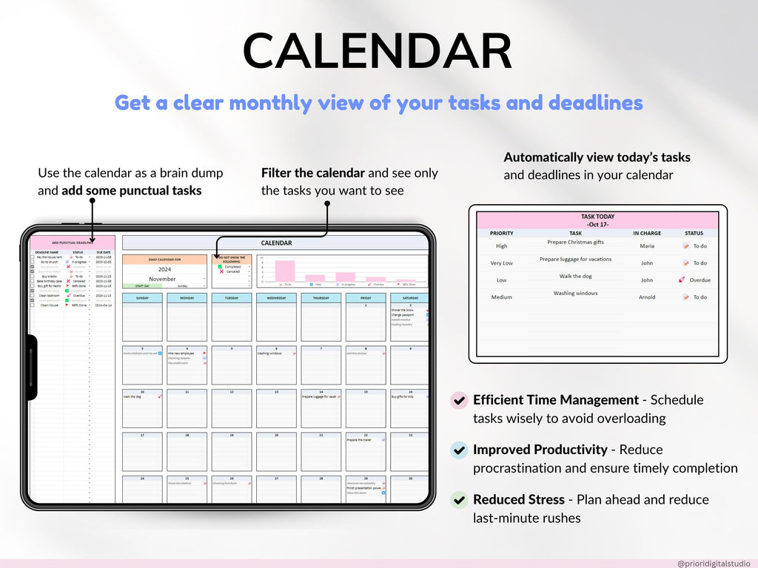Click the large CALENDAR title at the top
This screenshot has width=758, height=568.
click(378, 52)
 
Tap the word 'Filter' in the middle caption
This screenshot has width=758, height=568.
click(276, 173)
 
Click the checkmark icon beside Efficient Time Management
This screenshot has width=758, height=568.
click(459, 400)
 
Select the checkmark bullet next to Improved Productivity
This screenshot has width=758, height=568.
click(459, 450)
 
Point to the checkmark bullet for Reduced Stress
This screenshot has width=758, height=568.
click(459, 500)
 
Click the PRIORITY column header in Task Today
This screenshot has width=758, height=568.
click(502, 233)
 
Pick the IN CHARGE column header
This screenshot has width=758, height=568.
click(647, 233)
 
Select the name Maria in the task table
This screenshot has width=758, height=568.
click(647, 246)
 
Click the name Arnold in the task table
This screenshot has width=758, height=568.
click(647, 297)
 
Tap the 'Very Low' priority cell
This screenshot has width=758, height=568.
click(502, 263)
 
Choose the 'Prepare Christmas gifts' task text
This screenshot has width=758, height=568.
click(575, 243)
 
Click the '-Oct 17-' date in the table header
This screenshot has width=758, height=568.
click(597, 223)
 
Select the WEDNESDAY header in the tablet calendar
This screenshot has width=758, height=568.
click(276, 298)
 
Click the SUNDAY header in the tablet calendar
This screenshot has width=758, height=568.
click(142, 298)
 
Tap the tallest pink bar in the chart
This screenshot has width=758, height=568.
click(285, 271)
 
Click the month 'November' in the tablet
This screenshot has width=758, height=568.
click(162, 279)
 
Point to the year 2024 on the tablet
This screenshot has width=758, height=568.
click(164, 270)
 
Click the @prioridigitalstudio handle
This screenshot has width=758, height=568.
click(714, 564)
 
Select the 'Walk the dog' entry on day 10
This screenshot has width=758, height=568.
click(133, 397)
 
